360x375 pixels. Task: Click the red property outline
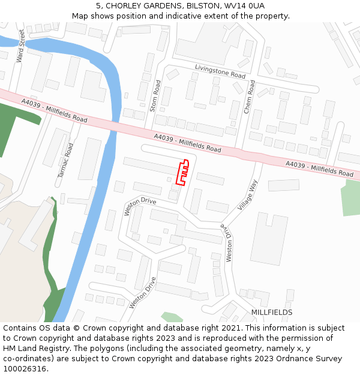pos(182,171)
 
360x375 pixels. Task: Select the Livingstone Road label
pos(220,72)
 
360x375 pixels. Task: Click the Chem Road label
pos(250,96)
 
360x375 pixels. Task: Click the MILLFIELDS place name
pos(272,313)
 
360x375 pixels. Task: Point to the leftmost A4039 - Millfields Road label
pos(54,111)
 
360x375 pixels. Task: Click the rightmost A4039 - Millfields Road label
pos(319,169)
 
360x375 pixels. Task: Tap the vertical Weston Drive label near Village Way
pos(228,242)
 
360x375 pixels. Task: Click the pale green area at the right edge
pos(350,198)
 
